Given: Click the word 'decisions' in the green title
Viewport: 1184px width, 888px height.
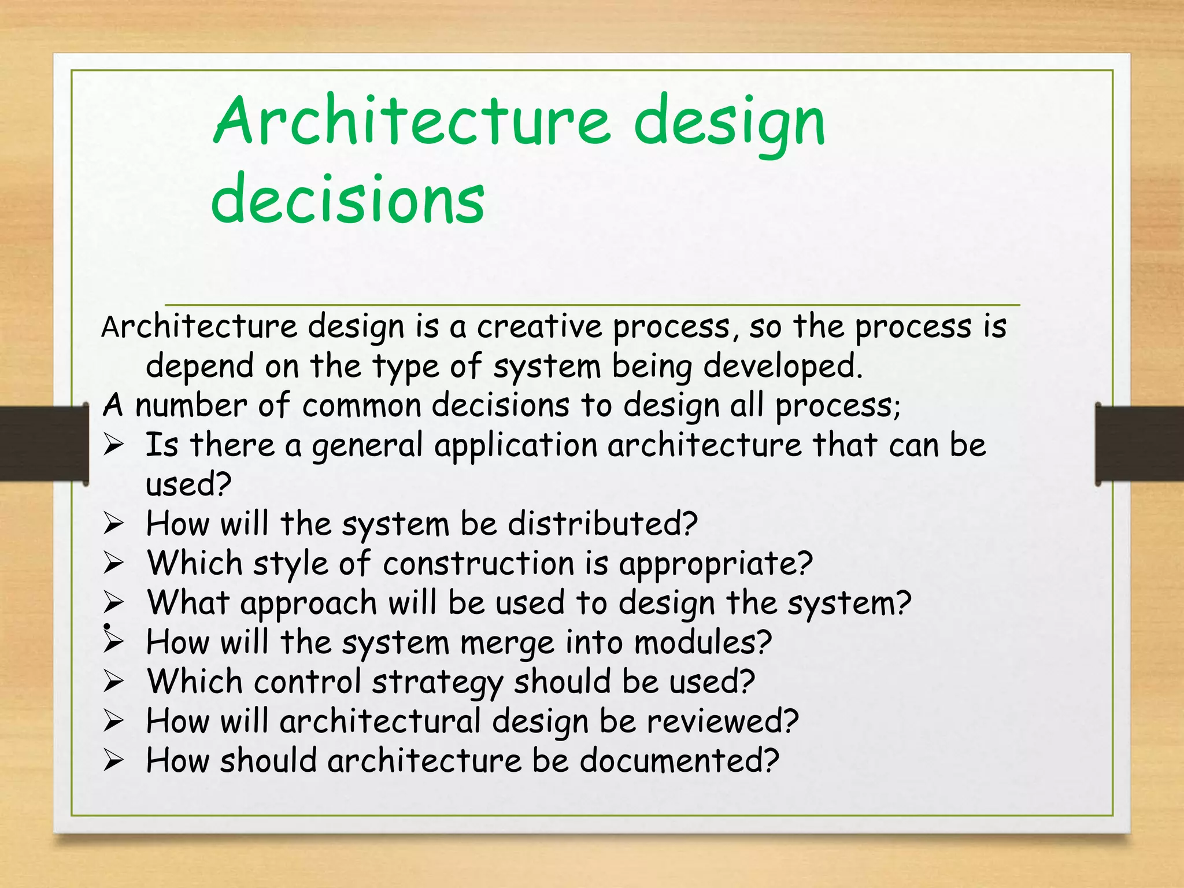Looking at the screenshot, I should click(347, 198).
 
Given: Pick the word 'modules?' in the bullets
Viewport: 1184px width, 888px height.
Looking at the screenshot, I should click(702, 642).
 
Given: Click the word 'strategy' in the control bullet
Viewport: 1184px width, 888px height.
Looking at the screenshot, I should click(437, 683).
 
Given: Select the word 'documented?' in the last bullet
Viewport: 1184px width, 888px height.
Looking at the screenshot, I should click(679, 761).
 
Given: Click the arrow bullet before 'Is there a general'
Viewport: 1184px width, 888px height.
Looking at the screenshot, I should click(114, 445).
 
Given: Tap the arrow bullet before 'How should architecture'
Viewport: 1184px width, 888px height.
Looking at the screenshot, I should click(114, 761).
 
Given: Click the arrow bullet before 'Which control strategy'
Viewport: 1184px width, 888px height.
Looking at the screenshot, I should click(114, 682).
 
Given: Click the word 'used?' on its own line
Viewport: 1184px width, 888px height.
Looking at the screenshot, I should click(188, 484).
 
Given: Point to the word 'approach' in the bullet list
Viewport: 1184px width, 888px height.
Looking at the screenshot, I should click(309, 603).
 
